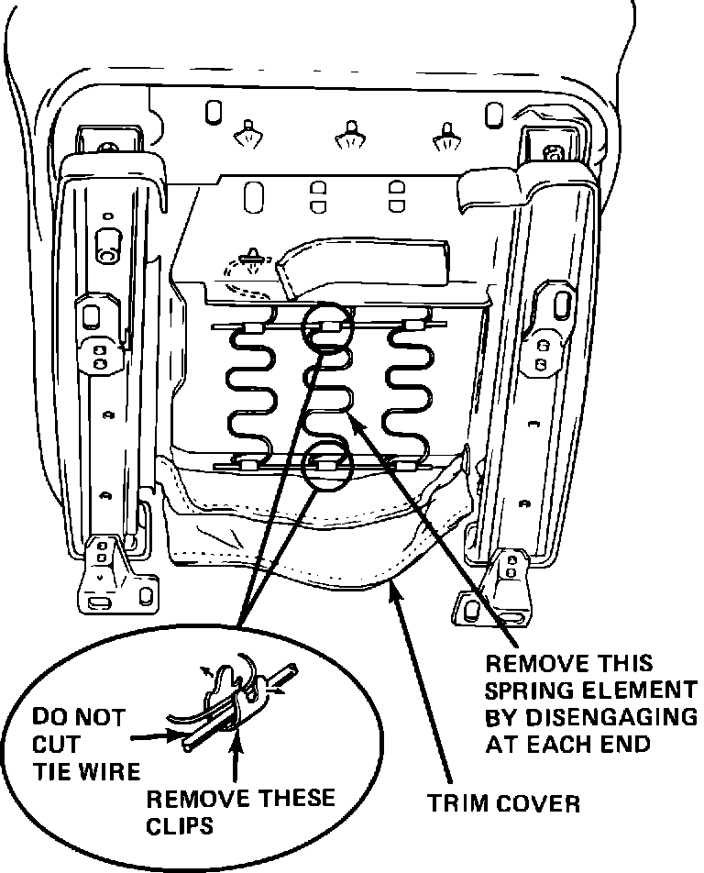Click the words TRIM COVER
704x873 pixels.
504,804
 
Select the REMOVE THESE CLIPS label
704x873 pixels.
241,810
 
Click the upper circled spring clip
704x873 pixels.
326,326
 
